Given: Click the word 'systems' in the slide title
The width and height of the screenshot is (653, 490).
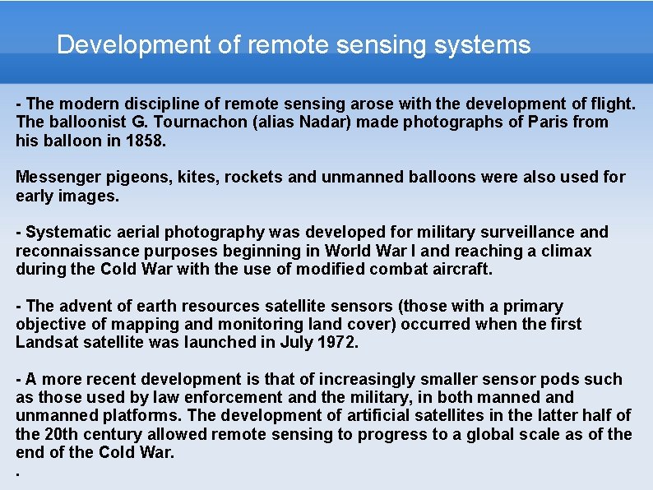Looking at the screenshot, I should point(489,44).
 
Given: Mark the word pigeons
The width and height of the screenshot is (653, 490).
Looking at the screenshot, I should point(132,178).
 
